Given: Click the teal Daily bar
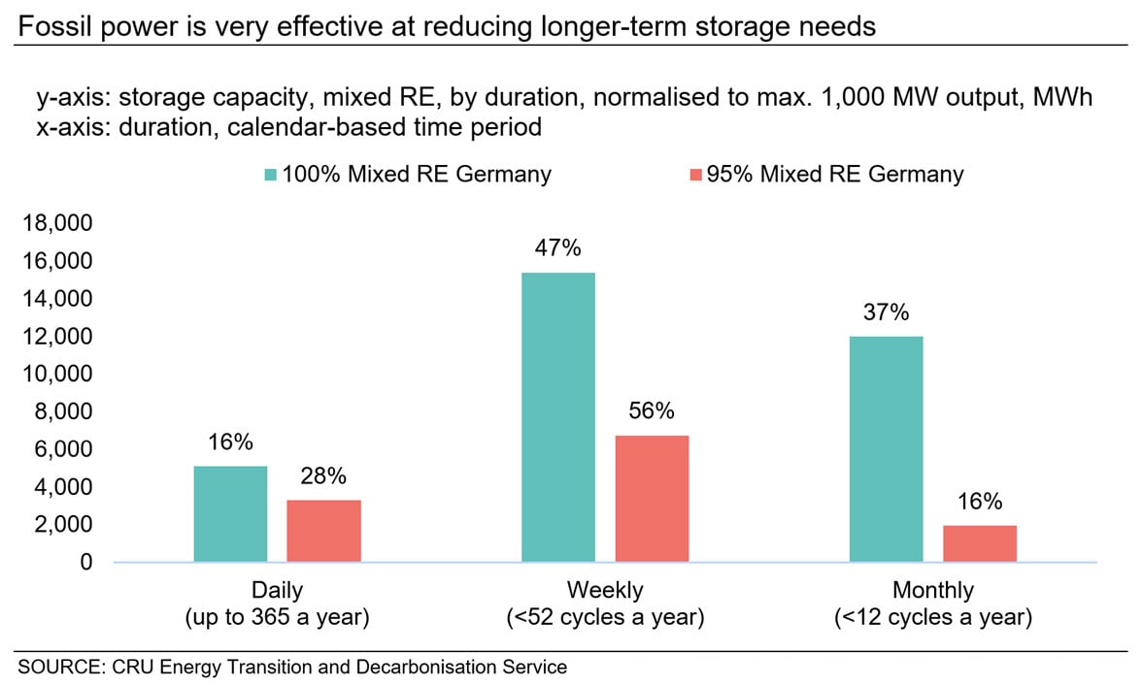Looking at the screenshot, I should point(230,514).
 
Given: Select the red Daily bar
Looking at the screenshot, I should point(323,531).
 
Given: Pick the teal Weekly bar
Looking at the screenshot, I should point(558,417).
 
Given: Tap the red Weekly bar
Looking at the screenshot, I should point(652,499).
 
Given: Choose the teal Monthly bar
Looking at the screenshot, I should point(886,449).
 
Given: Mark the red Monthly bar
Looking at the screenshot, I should point(979,543).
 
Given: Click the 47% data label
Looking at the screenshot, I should point(558,249).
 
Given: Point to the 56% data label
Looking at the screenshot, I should point(652,411).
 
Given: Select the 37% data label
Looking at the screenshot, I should point(886,312).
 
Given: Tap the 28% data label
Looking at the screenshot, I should point(323,476).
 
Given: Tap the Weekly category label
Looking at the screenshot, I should point(605,591).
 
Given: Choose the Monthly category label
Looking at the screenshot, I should point(932,591).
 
